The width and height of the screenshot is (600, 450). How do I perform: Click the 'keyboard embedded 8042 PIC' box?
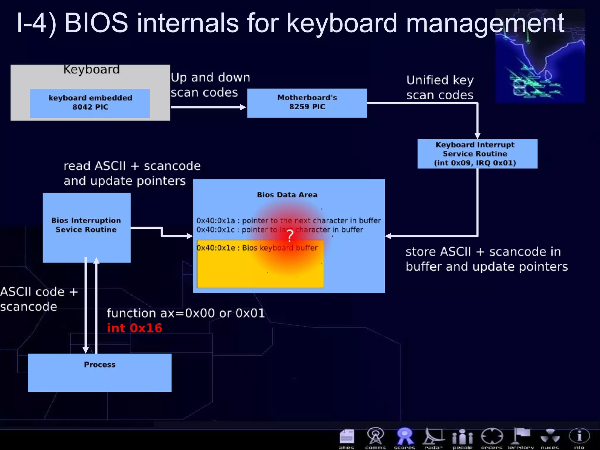point(90,103)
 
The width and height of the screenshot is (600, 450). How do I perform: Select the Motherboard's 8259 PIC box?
point(307,103)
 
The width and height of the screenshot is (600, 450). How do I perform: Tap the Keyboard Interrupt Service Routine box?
point(477,154)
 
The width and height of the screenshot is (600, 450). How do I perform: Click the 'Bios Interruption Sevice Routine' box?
point(86,227)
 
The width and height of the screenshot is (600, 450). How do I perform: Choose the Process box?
point(100,372)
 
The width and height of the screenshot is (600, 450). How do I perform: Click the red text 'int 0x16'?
point(134,328)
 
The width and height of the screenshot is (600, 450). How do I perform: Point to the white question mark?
point(290,236)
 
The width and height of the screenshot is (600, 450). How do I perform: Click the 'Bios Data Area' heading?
point(287,195)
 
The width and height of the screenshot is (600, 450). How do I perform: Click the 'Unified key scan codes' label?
point(439,87)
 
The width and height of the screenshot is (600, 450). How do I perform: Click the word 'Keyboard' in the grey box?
point(91,69)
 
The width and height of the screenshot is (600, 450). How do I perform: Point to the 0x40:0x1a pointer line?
point(288,220)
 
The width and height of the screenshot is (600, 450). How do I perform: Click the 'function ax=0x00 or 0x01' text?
point(186,313)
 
